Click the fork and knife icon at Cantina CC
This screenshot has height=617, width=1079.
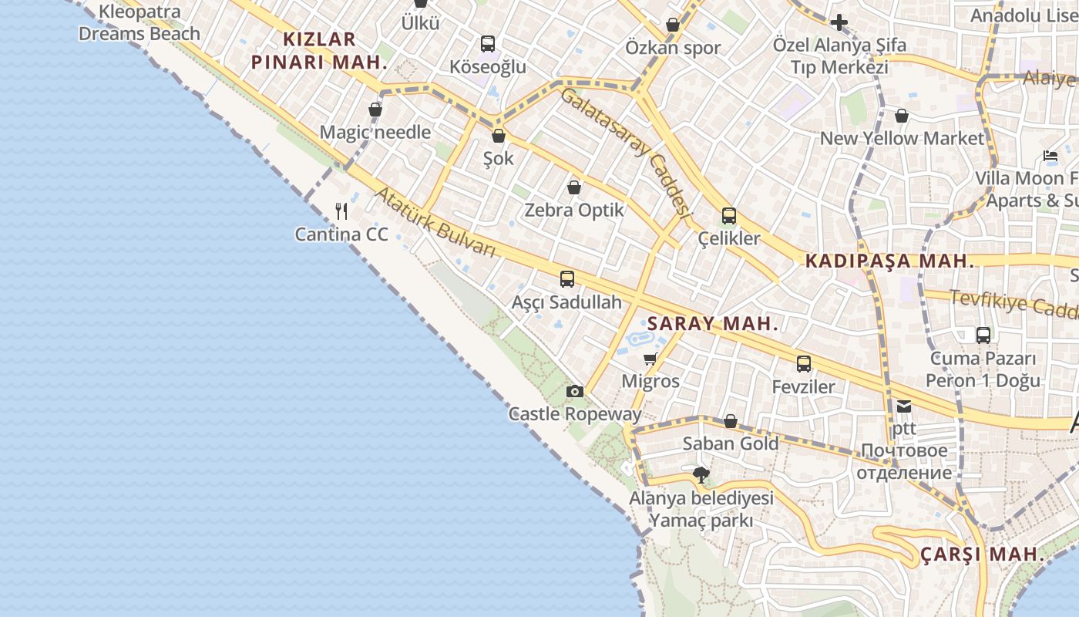(x=342, y=211)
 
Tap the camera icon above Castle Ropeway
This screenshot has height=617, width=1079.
(x=574, y=392)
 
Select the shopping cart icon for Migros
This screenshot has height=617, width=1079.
(x=650, y=359)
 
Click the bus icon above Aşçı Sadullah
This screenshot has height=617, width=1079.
(x=567, y=279)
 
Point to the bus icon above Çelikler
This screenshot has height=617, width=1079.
(x=728, y=216)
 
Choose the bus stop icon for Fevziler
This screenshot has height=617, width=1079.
(x=804, y=364)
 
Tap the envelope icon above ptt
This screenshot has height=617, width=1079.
(x=903, y=406)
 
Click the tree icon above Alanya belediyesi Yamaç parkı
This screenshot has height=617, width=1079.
(x=701, y=475)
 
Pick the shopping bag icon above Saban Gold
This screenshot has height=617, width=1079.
(x=730, y=421)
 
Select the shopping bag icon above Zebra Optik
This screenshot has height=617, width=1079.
(x=573, y=187)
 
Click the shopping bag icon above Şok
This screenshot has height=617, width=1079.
(x=498, y=137)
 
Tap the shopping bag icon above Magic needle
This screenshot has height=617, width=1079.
(x=375, y=110)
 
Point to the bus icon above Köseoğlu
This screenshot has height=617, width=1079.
(x=488, y=44)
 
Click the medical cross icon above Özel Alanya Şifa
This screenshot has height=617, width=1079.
(x=839, y=22)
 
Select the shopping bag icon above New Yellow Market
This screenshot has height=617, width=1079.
(x=901, y=116)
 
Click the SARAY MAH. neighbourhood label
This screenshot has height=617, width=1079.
(x=712, y=324)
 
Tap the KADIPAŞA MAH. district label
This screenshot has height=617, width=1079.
(x=889, y=261)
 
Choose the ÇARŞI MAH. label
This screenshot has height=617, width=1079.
(x=982, y=555)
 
